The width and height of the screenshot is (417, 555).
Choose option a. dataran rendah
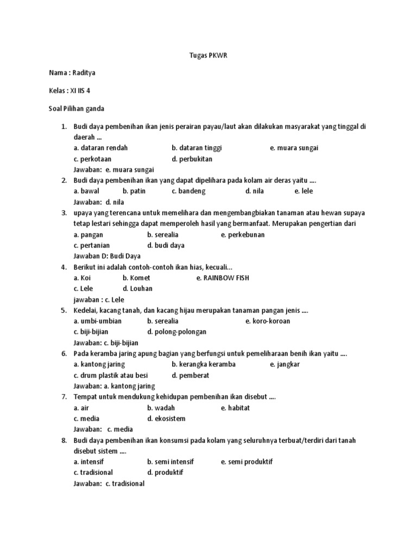coord(101,148)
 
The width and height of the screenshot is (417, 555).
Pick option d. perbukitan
coord(192,159)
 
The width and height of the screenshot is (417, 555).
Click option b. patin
coord(134,191)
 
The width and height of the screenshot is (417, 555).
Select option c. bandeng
coord(189,191)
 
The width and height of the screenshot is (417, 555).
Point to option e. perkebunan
coord(243,235)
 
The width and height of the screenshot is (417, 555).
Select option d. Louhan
coord(137,289)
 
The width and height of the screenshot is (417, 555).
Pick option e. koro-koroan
coord(268,321)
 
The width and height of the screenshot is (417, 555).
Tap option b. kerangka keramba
coord(204,364)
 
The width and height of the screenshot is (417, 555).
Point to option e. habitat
coord(235,408)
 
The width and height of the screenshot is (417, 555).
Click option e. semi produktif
coord(247,462)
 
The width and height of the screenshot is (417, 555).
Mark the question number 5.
coord(64,310)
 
